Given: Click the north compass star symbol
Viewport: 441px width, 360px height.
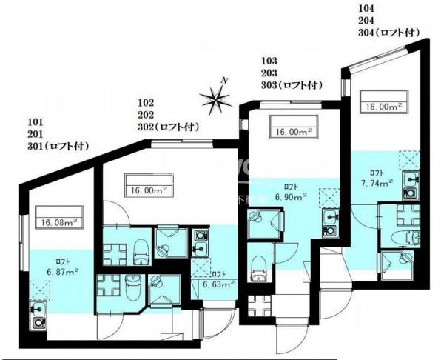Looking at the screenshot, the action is [x=216, y=100].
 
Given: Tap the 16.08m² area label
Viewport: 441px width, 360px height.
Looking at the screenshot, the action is [x=59, y=223].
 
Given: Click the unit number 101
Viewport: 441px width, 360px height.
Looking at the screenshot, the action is [x=36, y=122].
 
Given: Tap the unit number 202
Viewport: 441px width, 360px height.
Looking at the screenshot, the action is [x=146, y=115].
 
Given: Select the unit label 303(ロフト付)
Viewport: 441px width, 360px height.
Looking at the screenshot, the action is [x=292, y=85].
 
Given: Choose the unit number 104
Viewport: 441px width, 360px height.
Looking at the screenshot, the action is [x=366, y=8].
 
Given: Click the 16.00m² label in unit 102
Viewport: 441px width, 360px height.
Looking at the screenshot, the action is [x=149, y=190].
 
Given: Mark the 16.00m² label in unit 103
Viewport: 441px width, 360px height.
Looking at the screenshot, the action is [x=294, y=132].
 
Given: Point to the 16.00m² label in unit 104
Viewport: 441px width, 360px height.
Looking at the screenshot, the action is [x=384, y=107].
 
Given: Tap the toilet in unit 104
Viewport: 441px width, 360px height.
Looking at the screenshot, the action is [x=407, y=238].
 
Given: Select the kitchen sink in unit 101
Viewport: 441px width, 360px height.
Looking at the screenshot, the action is [x=38, y=309].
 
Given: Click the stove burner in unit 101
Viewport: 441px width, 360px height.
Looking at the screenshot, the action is [x=38, y=323].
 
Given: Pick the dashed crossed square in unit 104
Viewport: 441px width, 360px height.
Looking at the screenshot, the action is [x=410, y=161].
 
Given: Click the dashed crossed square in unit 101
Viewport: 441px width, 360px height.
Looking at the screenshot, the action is [x=40, y=290].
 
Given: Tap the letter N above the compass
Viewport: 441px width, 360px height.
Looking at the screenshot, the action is [x=224, y=81].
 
